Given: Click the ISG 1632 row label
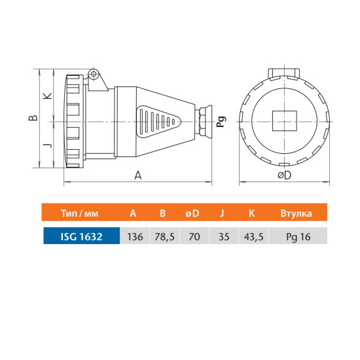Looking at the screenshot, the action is [82, 236].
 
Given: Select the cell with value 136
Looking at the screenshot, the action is [135, 236].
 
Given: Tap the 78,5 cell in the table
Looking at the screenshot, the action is [164, 236].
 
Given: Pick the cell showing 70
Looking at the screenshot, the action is [194, 236].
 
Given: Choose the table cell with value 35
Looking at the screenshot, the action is [224, 236].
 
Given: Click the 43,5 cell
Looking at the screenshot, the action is [253, 236].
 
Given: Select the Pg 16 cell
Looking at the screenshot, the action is [298, 236].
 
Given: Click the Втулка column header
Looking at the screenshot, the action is [296, 213].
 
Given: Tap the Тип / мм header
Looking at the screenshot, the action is [80, 213].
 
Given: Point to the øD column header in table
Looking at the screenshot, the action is [192, 213].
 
